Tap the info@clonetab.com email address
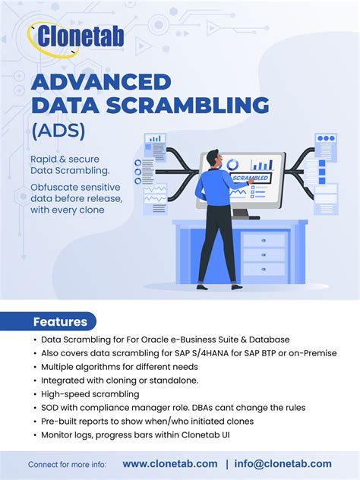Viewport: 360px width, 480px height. click(x=283, y=463)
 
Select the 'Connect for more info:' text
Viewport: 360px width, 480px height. click(x=67, y=464)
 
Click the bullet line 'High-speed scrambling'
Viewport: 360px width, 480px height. click(x=90, y=393)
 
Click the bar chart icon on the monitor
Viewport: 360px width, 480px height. click(x=262, y=164)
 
